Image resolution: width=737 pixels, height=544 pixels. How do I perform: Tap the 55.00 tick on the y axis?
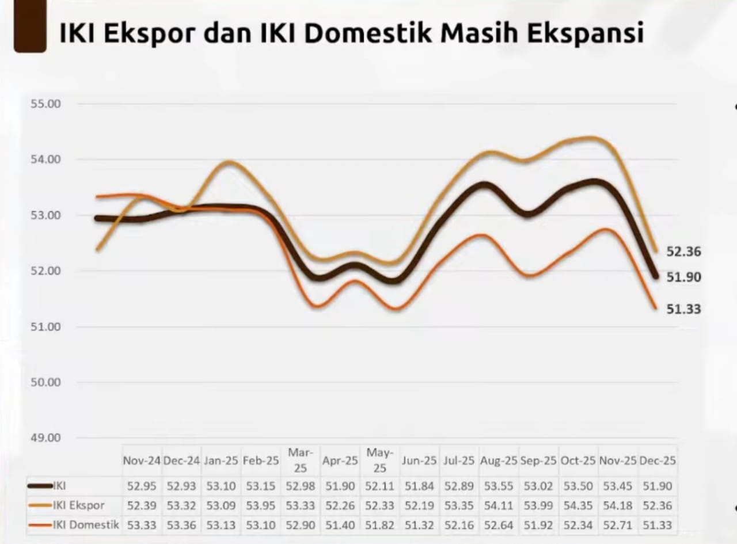point(46,104)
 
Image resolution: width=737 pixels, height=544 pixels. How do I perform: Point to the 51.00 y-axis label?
point(46,326)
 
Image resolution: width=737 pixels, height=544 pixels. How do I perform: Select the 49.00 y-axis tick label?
point(46,438)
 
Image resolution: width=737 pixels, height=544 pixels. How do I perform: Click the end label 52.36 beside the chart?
point(683,252)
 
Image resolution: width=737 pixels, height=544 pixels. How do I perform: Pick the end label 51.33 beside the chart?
point(683,309)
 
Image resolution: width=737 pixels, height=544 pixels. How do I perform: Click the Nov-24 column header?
point(142,461)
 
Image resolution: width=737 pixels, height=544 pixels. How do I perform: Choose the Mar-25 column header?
point(301,461)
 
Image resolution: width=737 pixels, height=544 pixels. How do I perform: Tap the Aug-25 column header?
point(499,461)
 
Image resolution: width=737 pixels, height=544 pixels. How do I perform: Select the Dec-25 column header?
point(657,461)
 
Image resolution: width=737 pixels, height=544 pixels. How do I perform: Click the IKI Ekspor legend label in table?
point(79,505)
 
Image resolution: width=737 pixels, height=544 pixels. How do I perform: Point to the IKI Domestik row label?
point(86,524)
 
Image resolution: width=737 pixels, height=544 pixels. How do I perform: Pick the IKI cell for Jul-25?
point(459,486)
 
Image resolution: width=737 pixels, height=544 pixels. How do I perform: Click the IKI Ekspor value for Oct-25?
point(578,505)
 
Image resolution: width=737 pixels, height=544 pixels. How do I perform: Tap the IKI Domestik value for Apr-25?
point(340,524)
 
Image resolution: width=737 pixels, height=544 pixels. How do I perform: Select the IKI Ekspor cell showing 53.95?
point(261,505)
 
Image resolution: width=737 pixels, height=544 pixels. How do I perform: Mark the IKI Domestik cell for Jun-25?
point(419,524)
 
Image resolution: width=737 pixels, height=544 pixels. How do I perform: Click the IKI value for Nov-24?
point(142,486)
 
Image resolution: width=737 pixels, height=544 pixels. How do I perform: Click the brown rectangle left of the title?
point(29,26)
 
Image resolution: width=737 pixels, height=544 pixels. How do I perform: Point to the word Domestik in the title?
point(368,33)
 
